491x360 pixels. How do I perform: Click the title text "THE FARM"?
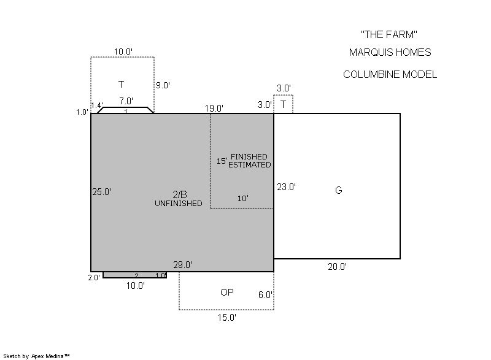pos(389,34)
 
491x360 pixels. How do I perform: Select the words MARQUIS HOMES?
pos(390,52)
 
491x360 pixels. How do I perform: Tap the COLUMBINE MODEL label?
pos(390,74)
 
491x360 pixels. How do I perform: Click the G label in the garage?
pos(339,190)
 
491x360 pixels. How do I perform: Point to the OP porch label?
pos(227,292)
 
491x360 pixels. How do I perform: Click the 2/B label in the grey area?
pos(180,194)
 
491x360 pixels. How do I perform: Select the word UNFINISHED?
pos(179,203)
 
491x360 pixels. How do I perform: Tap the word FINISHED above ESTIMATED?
pos(249,157)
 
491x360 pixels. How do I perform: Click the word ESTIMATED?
pos(250,165)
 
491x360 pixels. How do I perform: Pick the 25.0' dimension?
pos(102,192)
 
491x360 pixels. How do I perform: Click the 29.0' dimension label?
pos(182,265)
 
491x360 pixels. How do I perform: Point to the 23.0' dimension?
pos(286,187)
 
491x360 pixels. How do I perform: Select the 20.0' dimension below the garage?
pos(337,267)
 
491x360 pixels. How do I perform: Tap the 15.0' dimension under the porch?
pos(227,318)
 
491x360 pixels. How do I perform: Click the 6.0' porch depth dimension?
pos(265,295)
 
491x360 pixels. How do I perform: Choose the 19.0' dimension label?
pos(214,109)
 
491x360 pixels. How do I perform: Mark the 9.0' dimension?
pos(163,85)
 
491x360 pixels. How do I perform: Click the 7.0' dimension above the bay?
pos(126,101)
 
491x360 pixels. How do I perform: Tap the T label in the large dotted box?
pos(121,85)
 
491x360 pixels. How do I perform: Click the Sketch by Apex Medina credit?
pos(37,356)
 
